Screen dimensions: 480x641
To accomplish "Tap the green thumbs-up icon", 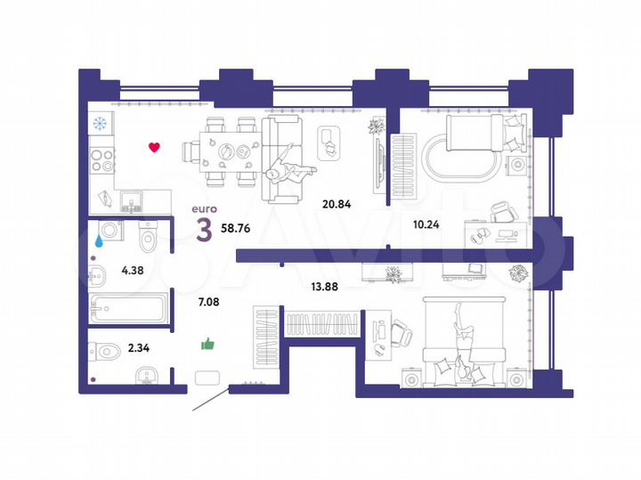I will pos(209,344).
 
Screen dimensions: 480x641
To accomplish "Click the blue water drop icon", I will pos(100,240).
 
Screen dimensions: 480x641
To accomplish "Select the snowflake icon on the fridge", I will pos(99,124).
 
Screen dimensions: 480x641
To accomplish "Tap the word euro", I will pos(204,210).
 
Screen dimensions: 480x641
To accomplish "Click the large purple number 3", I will pos(204,229).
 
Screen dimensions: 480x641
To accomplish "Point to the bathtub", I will pos(128,312).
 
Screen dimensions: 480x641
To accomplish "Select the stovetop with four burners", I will pos(102,163).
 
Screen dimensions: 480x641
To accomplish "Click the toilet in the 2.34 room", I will pos(104,352).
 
